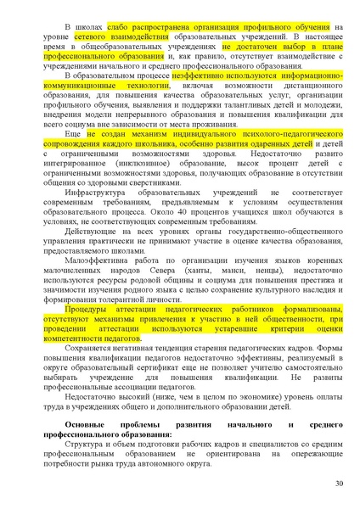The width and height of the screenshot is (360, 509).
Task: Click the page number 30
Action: (x=339, y=484)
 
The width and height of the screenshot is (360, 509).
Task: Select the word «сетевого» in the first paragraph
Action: (x=92, y=38)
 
